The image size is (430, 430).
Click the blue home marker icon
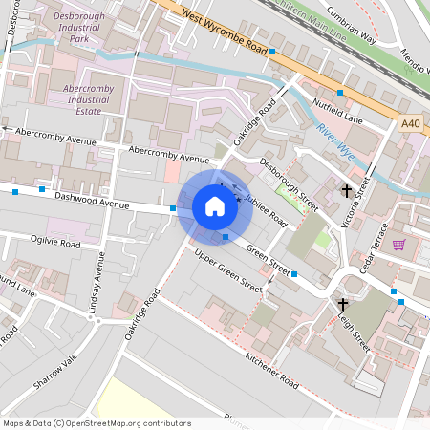(x=215, y=205)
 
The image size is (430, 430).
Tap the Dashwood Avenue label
(x=91, y=198)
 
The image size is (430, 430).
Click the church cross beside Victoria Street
(x=347, y=191)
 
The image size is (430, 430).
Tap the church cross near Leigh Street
(x=342, y=304)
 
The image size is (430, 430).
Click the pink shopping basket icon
(x=398, y=245)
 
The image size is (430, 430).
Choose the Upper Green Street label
(x=227, y=270)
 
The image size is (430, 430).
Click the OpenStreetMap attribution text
(x=97, y=422)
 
